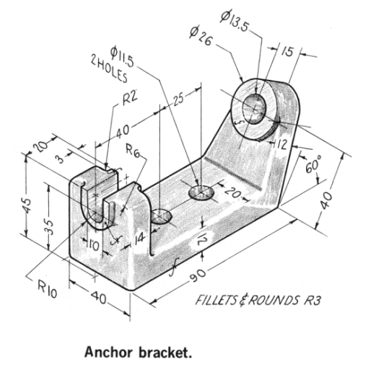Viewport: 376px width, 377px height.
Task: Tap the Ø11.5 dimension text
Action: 125,55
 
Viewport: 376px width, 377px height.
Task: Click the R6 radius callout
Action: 132,153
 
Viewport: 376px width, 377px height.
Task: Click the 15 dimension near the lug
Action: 287,53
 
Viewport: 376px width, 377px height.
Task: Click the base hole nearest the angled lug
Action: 201,192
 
